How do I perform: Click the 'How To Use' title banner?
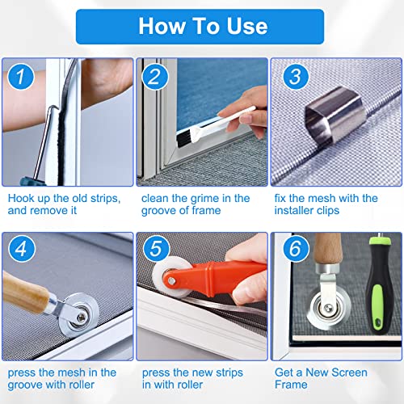point(202,26)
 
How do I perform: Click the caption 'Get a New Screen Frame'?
point(322,379)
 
